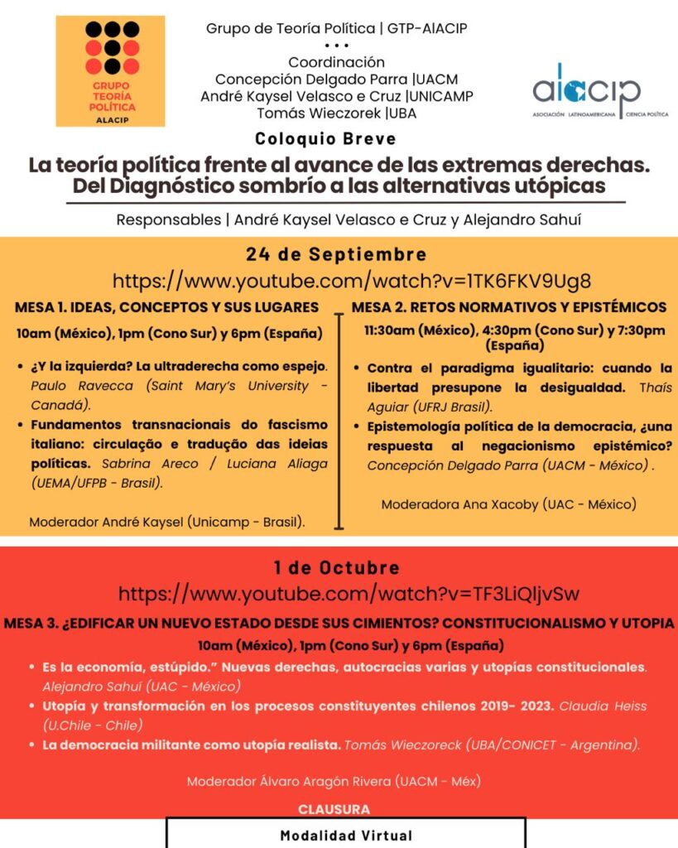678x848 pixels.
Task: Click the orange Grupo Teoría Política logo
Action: [110, 70]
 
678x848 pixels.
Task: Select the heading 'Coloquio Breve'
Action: [325, 138]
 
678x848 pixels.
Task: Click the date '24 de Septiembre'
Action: [336, 254]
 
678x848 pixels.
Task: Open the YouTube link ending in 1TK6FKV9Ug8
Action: [352, 280]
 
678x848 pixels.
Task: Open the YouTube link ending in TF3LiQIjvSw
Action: [349, 593]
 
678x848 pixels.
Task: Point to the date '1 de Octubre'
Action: [336, 568]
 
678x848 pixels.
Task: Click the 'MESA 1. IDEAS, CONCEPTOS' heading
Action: [166, 307]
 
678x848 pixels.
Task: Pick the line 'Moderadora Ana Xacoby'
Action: [508, 503]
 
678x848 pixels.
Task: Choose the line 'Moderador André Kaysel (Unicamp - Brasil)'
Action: [166, 522]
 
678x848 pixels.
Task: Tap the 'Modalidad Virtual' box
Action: [346, 834]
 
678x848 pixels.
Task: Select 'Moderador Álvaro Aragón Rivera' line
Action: [334, 781]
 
